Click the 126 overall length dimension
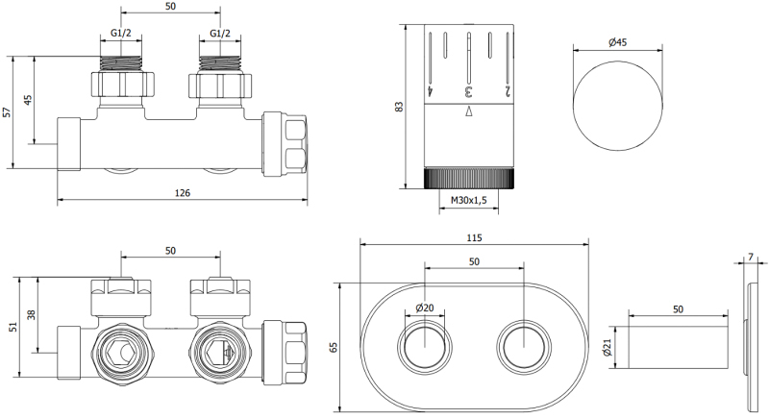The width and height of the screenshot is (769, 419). click(183, 192)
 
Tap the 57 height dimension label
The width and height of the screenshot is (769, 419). click(7, 112)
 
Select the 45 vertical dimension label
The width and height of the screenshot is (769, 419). click(28, 100)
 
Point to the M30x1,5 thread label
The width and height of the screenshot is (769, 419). click(468, 200)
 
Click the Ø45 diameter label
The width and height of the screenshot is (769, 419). click(618, 42)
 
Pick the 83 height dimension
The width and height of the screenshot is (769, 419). click(398, 107)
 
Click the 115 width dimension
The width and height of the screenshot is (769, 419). click(474, 238)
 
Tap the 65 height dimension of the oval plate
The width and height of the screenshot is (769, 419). click(334, 348)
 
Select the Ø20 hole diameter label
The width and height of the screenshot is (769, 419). click(425, 308)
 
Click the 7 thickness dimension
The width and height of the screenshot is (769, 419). click(751, 257)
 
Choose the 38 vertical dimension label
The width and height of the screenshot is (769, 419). click(32, 314)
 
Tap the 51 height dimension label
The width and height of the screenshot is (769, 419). click(13, 327)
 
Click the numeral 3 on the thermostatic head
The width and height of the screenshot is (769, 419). click(468, 91)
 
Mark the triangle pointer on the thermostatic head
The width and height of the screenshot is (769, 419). click(468, 111)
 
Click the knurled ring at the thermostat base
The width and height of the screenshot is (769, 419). click(469, 179)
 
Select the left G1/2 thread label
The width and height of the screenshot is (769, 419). click(121, 34)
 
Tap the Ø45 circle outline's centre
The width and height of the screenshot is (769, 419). click(618, 106)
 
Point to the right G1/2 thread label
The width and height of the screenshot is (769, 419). click(220, 34)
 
